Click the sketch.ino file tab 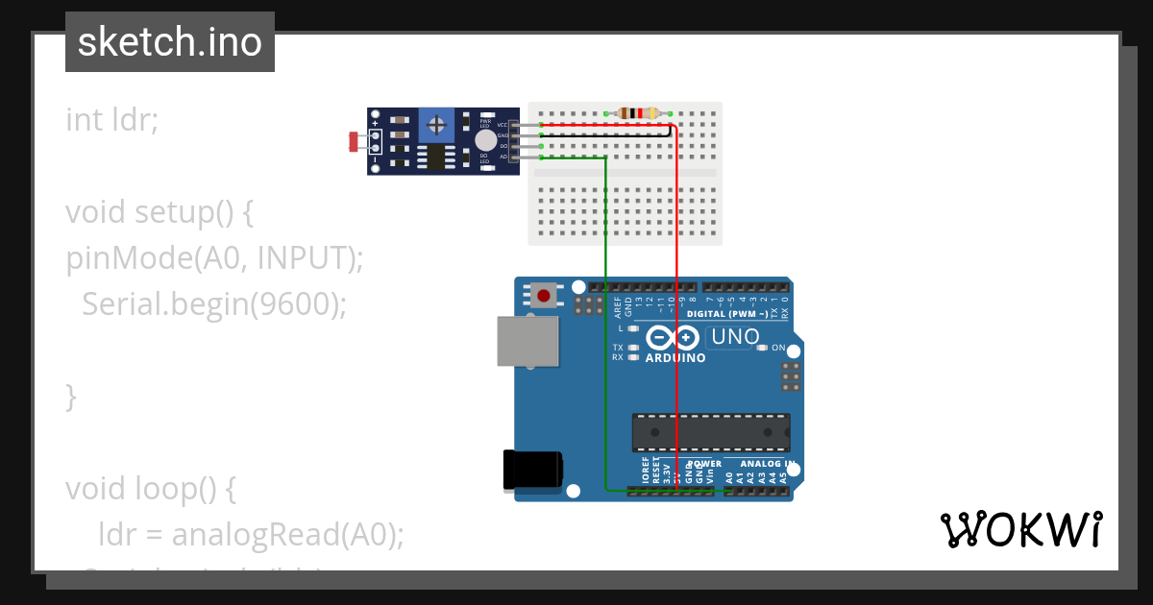170,42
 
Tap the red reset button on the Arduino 545,295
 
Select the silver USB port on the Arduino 527,342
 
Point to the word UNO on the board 735,337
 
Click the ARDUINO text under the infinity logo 675,358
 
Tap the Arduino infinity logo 673,337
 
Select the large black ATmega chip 710,433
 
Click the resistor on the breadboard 638,113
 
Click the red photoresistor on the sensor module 353,143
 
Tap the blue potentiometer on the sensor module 437,124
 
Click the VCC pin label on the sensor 503,126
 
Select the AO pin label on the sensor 503,156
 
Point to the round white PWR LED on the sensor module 486,140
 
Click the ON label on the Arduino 778,348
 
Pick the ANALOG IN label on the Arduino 767,463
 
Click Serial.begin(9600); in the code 213,304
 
